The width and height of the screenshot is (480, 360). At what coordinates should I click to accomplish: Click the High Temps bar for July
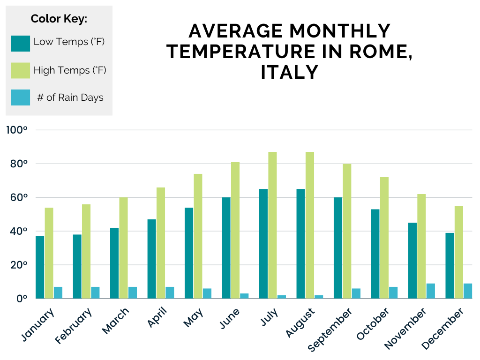[x=272, y=225]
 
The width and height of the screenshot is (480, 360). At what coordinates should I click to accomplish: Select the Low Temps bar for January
[x=40, y=267]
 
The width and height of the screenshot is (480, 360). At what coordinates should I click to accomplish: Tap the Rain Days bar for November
[x=431, y=291]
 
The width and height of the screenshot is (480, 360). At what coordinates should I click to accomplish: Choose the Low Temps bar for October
[x=375, y=254]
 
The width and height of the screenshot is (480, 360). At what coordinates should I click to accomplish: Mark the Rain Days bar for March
[x=133, y=292]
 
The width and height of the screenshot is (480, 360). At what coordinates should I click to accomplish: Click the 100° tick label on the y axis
[x=17, y=130]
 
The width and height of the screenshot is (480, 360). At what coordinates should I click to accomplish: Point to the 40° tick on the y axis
[x=17, y=231]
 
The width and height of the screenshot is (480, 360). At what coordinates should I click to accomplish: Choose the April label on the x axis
[x=158, y=320]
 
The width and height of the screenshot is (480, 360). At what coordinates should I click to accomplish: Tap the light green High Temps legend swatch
[x=21, y=70]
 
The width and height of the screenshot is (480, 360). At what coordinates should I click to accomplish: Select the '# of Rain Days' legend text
[x=70, y=97]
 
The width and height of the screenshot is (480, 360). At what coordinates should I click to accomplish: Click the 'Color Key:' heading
[x=59, y=19]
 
